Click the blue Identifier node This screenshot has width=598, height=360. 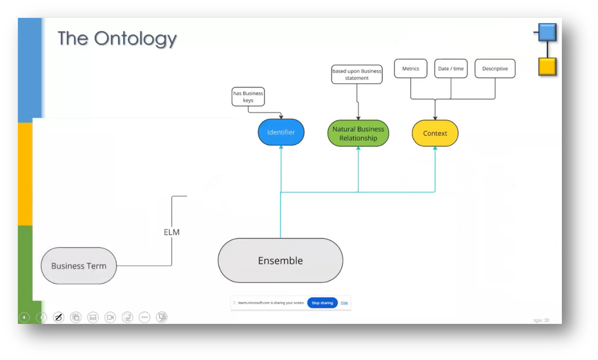(x=281, y=132)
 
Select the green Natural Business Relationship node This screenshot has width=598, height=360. (x=358, y=133)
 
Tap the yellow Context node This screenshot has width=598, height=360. (x=435, y=133)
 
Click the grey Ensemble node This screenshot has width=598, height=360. (x=280, y=260)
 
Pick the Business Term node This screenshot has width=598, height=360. (x=79, y=266)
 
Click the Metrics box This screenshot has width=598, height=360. (x=410, y=68)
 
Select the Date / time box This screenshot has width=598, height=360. (x=451, y=68)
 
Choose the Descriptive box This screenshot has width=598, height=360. (x=495, y=68)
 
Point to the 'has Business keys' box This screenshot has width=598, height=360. (x=248, y=97)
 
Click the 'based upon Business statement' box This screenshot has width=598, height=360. (x=357, y=74)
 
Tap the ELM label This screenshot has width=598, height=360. (x=172, y=232)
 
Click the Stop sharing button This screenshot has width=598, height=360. (x=322, y=303)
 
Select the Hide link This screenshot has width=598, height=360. (x=344, y=303)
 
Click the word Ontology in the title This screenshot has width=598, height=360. (x=135, y=38)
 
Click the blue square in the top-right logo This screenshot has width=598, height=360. (x=547, y=32)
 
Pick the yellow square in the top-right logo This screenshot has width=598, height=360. (x=547, y=67)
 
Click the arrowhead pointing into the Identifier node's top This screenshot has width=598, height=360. (x=281, y=117)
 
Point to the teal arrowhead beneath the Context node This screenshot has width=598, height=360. (x=435, y=148)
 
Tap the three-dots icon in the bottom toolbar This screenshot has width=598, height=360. (x=145, y=317)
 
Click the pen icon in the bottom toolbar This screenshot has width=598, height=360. (x=59, y=317)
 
